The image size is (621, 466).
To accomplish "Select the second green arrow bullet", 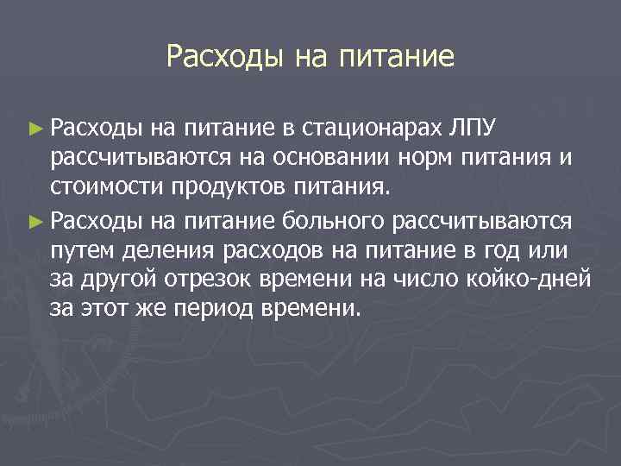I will [x=34, y=222].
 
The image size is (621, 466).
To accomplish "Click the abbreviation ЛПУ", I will [x=474, y=130].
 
